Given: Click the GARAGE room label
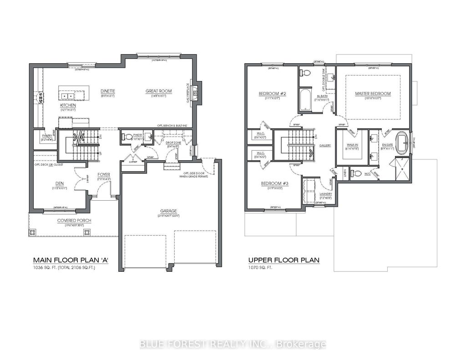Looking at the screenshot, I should [x=168, y=211].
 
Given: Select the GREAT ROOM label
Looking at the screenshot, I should [x=158, y=91].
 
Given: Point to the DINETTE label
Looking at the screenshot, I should [x=108, y=91].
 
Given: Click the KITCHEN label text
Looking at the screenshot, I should [x=68, y=105].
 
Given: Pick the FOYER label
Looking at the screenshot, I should [x=104, y=174].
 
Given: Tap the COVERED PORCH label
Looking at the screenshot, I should [x=74, y=220].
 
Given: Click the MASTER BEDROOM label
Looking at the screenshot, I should [x=373, y=94].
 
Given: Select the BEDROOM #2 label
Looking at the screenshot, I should [x=271, y=94].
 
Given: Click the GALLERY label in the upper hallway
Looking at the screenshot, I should [x=325, y=145].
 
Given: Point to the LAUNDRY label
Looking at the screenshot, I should [x=325, y=193].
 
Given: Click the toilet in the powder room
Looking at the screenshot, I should [x=127, y=137].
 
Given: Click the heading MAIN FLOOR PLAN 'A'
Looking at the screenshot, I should [x=71, y=260].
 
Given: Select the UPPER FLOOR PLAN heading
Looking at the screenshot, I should [x=284, y=260].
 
